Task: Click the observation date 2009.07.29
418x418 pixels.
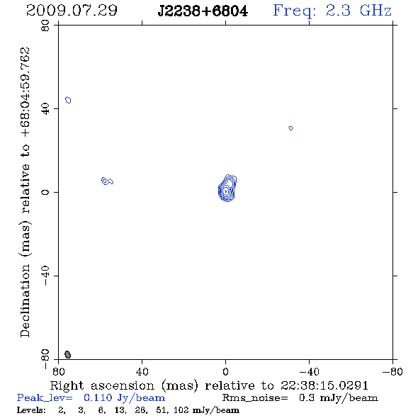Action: pyautogui.click(x=72, y=11)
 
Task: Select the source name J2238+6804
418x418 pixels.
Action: pyautogui.click(x=203, y=11)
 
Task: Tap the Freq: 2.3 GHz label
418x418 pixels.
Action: pyautogui.click(x=332, y=11)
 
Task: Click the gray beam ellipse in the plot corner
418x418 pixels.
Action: pyautogui.click(x=68, y=354)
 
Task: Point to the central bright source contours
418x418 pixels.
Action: pyautogui.click(x=227, y=188)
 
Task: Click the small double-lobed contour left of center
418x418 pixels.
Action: pyautogui.click(x=107, y=181)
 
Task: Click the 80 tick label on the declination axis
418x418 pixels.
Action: pyautogui.click(x=45, y=26)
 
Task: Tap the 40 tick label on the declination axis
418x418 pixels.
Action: pyautogui.click(x=45, y=109)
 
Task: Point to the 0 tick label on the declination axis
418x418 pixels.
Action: pyautogui.click(x=45, y=192)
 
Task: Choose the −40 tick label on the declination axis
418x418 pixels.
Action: pyautogui.click(x=45, y=276)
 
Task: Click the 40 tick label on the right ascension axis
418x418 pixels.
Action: pyautogui.click(x=142, y=372)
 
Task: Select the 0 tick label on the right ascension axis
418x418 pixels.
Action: pyautogui.click(x=225, y=372)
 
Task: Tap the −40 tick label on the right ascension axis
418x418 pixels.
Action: pyautogui.click(x=309, y=372)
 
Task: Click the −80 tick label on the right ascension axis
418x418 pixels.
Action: pyautogui.click(x=392, y=372)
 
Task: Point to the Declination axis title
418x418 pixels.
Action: pyautogui.click(x=26, y=192)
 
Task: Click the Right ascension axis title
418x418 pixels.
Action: pyautogui.click(x=209, y=385)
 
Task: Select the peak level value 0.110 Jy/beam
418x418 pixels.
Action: pyautogui.click(x=124, y=398)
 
